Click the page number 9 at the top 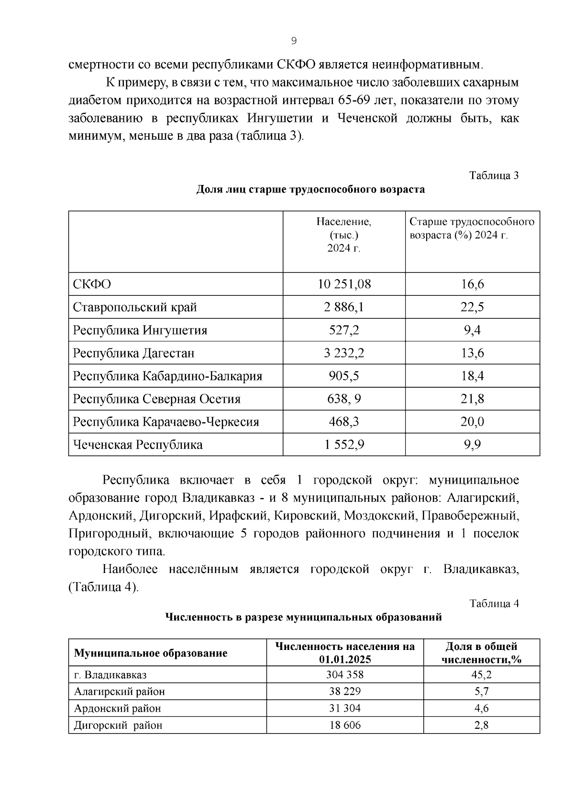[294, 41]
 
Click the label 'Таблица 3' [494, 175]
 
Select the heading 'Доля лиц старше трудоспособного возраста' [310, 190]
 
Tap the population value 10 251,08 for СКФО [344, 284]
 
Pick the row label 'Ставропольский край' [135, 307]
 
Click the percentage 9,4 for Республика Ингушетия [472, 330]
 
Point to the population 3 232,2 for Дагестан [344, 353]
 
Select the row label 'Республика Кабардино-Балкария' [167, 376]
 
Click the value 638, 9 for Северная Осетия [344, 399]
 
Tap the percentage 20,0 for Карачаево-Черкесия [472, 422]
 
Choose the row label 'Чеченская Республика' [138, 445]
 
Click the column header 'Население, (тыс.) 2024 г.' [344, 235]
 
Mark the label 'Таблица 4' [494, 604]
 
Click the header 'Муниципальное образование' [151, 653]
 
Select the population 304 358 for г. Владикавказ [345, 675]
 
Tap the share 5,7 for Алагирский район [481, 692]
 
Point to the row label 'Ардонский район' [117, 708]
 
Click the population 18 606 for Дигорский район [345, 725]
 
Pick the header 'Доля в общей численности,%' [481, 653]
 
